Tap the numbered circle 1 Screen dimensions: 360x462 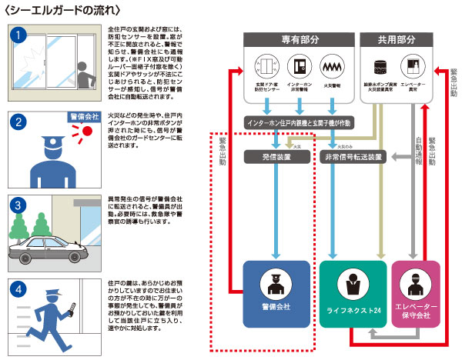pos(22,35)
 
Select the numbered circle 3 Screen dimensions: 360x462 pos(22,206)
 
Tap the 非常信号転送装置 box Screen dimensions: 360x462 pos(352,156)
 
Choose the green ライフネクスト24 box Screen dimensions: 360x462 pos(353,293)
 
